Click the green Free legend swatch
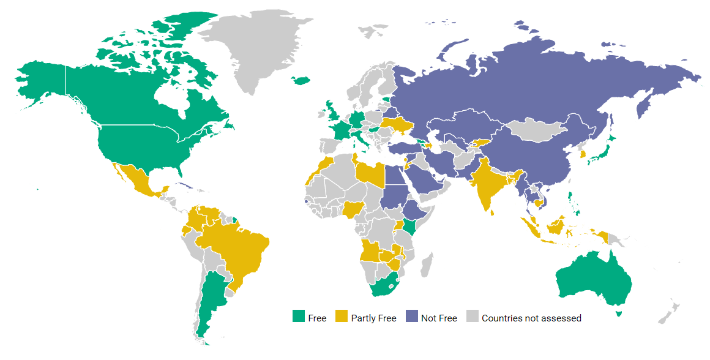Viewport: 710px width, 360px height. click(x=299, y=317)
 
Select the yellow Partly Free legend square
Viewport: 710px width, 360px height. click(x=342, y=317)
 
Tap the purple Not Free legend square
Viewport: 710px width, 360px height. click(x=412, y=317)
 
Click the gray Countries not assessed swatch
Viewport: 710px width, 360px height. click(x=473, y=317)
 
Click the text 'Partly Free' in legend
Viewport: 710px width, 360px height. click(x=373, y=318)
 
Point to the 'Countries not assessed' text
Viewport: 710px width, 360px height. click(x=531, y=318)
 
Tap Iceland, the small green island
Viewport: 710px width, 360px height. click(x=301, y=80)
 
